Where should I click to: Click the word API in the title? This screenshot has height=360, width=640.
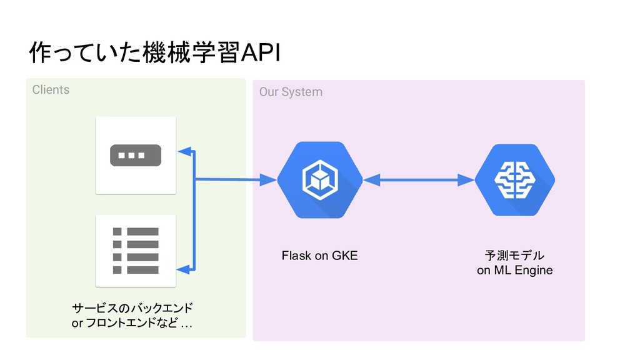261,52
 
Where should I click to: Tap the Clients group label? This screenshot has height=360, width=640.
51,90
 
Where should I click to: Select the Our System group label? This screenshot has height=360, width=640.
291,92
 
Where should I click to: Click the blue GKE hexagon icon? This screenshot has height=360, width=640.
320,180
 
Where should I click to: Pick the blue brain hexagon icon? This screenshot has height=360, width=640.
515,179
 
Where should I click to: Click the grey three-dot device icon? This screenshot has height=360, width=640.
136,156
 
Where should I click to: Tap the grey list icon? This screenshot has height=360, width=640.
136,251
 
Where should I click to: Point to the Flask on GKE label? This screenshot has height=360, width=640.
319,256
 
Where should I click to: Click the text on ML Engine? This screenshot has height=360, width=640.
515,270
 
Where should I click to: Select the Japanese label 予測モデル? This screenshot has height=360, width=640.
515,256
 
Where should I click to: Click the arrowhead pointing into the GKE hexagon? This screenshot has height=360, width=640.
268,179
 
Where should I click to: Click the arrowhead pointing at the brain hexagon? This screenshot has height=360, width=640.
466,180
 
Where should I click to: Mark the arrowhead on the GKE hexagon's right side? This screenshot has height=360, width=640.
371,180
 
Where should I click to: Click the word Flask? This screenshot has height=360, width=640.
296,256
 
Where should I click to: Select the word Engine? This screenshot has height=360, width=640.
534,270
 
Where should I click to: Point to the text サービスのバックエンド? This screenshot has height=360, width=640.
132,307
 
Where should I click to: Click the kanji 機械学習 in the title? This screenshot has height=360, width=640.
191,52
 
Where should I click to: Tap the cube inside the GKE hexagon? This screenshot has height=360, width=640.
320,180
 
